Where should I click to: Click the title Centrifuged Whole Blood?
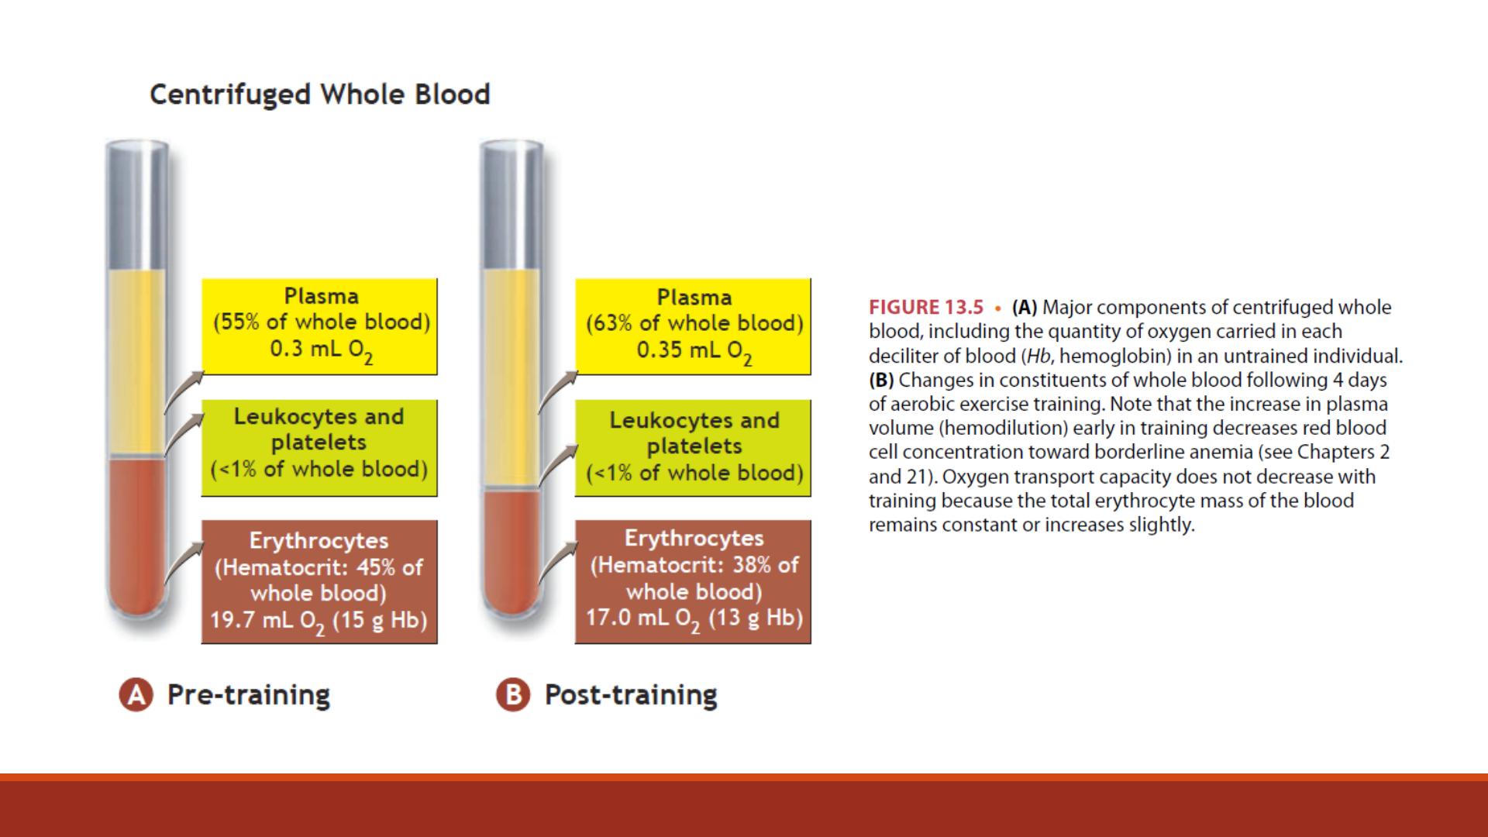[x=320, y=95]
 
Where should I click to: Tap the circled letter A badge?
[x=136, y=694]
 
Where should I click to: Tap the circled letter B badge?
[x=513, y=694]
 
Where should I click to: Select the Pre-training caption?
[x=249, y=694]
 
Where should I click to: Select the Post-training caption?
[x=631, y=694]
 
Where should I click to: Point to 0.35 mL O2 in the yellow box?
[x=694, y=351]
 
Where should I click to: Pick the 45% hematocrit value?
[x=376, y=567]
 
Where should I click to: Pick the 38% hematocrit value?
[x=752, y=565]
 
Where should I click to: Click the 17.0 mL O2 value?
[x=643, y=618]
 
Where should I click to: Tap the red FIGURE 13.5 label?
[x=926, y=308]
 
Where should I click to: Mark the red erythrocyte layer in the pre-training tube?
[x=136, y=535]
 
